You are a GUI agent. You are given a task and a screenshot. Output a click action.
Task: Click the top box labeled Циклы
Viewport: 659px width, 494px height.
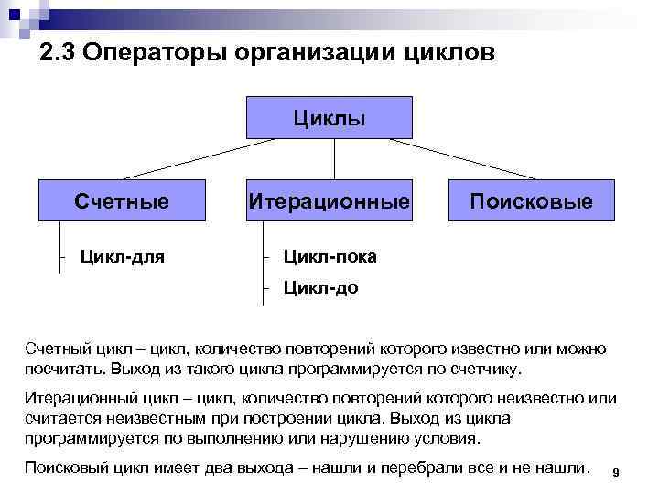pyautogui.click(x=329, y=118)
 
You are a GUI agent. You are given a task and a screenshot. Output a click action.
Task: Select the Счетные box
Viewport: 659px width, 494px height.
pyautogui.click(x=122, y=200)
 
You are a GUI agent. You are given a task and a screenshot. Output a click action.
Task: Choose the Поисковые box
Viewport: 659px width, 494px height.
pyautogui.click(x=531, y=200)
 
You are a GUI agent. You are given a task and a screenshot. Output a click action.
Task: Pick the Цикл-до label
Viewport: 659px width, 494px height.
pyautogui.click(x=320, y=288)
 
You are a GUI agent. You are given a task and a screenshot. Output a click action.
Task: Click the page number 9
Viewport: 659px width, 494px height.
pyautogui.click(x=616, y=472)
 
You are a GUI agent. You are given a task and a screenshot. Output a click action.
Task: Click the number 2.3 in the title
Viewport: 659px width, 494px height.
pyautogui.click(x=58, y=53)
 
